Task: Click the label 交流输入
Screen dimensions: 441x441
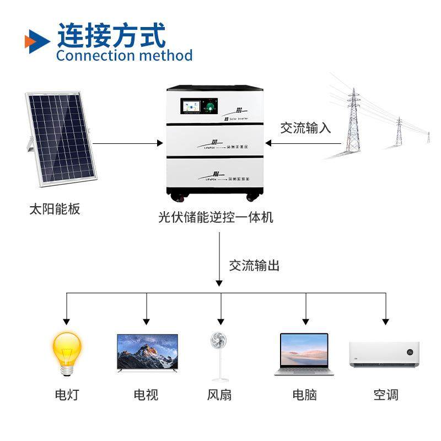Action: (x=305, y=128)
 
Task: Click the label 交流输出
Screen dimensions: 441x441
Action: (x=254, y=266)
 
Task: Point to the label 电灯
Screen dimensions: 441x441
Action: (x=67, y=395)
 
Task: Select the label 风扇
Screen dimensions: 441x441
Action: (x=220, y=395)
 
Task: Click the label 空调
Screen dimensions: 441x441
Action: (x=385, y=395)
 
